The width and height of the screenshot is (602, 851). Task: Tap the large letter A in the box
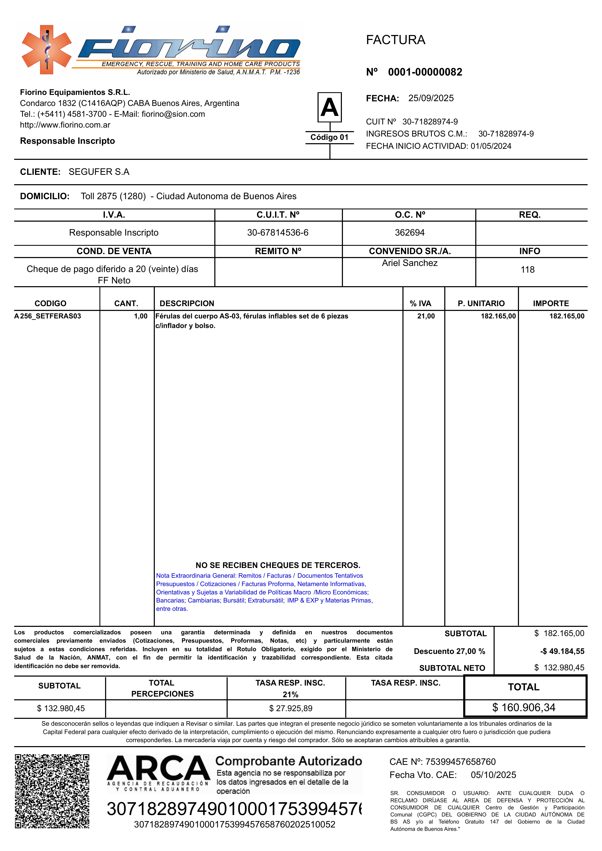(x=330, y=107)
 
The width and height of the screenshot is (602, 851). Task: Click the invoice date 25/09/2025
(x=431, y=98)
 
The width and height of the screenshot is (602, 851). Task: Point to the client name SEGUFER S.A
(x=99, y=172)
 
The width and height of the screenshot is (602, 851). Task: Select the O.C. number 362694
(x=410, y=233)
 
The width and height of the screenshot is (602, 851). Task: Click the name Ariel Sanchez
(x=410, y=263)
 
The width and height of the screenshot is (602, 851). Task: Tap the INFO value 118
(x=528, y=270)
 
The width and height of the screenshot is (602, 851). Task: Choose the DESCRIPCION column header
(x=187, y=304)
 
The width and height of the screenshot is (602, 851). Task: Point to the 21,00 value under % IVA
(x=426, y=316)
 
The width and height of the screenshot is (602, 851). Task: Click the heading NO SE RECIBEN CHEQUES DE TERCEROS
(x=278, y=565)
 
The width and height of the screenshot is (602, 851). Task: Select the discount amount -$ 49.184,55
(x=562, y=651)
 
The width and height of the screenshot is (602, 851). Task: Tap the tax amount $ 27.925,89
(x=291, y=708)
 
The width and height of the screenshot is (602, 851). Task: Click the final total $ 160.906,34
(x=524, y=708)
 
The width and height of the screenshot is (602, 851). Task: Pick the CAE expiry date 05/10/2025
(x=493, y=775)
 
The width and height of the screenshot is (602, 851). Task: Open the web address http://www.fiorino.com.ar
(x=65, y=125)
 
